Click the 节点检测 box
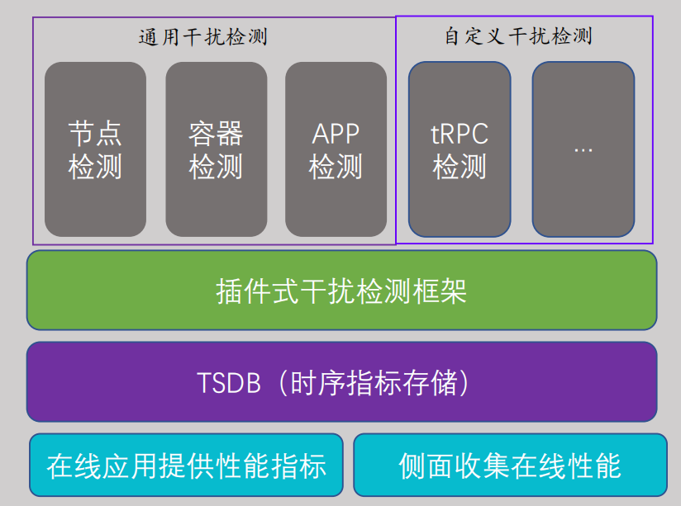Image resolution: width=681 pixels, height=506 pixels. [95, 149]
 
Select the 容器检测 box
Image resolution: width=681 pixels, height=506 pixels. [216, 149]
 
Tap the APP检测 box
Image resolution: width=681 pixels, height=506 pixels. [336, 149]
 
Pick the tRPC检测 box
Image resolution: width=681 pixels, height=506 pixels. [460, 149]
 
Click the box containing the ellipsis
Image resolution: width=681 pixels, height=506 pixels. [583, 149]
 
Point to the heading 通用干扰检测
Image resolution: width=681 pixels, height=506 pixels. [202, 37]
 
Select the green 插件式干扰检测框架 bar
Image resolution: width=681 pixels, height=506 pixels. [341, 291]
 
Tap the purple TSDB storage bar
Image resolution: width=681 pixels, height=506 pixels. [341, 382]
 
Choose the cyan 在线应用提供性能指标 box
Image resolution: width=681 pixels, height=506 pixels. [186, 466]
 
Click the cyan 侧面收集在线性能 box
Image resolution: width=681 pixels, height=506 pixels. [510, 466]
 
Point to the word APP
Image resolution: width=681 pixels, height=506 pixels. [336, 133]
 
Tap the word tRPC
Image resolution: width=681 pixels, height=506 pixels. [460, 133]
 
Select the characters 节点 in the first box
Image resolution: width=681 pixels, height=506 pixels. [95, 133]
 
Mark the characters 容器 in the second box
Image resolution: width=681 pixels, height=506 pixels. [216, 133]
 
